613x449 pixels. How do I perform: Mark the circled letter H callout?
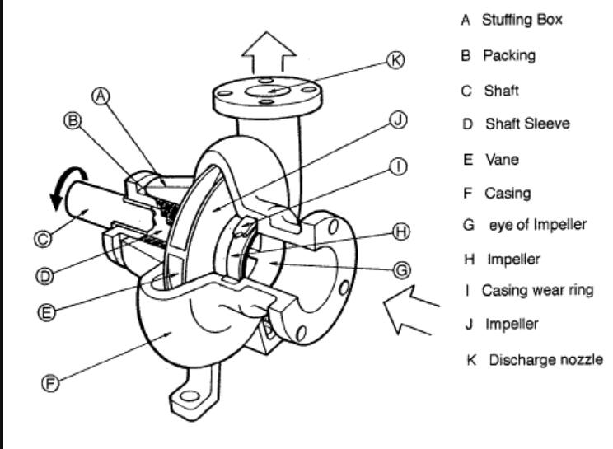coord(401,232)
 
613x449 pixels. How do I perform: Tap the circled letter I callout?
coord(398,167)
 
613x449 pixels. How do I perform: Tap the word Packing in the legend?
coord(508,56)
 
